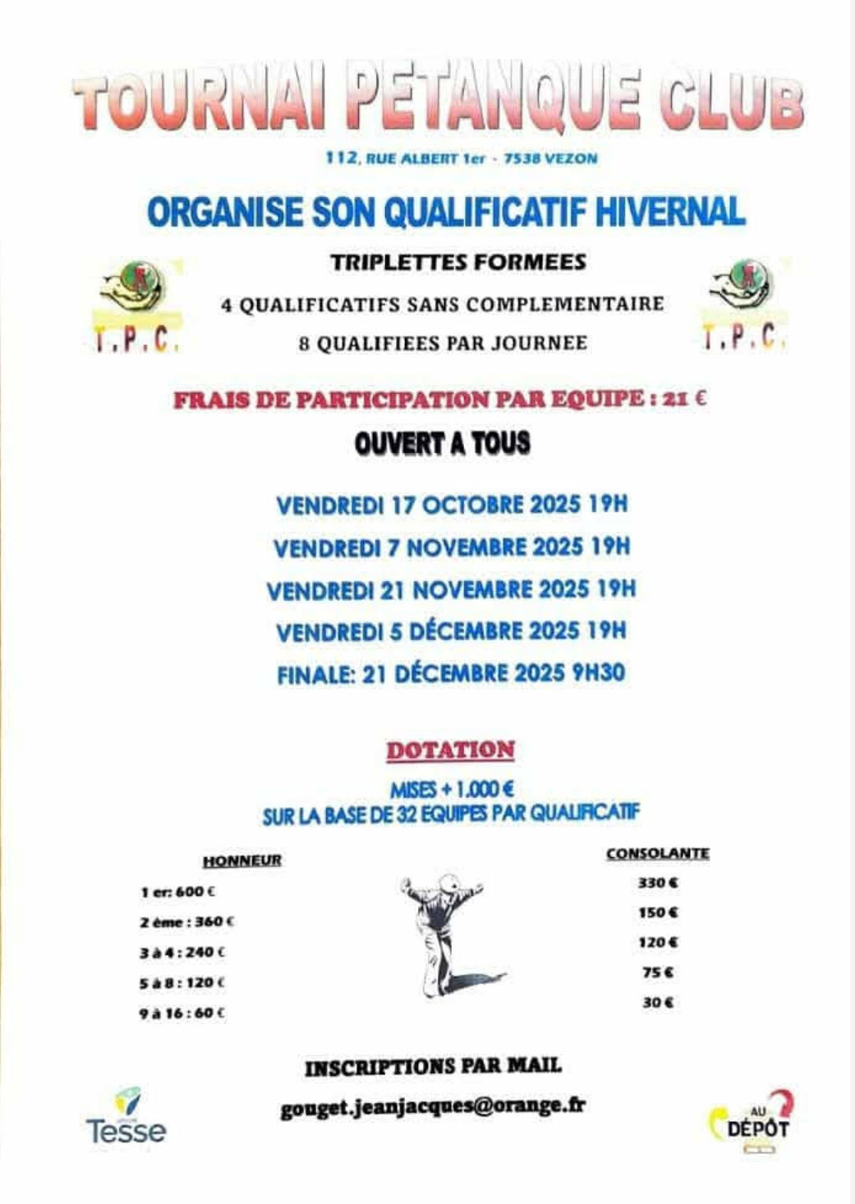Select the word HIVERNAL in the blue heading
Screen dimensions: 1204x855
click(669, 212)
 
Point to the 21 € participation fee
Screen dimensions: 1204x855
click(687, 400)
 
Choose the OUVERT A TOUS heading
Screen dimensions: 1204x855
click(443, 444)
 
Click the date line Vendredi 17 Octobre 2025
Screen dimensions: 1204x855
click(451, 504)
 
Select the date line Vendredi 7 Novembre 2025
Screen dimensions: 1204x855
click(451, 547)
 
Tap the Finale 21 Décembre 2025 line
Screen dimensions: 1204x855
click(451, 674)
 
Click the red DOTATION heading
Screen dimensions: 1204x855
click(450, 750)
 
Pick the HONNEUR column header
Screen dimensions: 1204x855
click(241, 860)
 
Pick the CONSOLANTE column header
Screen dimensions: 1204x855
click(657, 854)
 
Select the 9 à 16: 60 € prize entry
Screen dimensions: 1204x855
click(182, 1013)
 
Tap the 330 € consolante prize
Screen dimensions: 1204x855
click(658, 883)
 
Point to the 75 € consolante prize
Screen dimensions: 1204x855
click(657, 973)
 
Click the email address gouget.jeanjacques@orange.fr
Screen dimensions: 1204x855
click(433, 1106)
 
